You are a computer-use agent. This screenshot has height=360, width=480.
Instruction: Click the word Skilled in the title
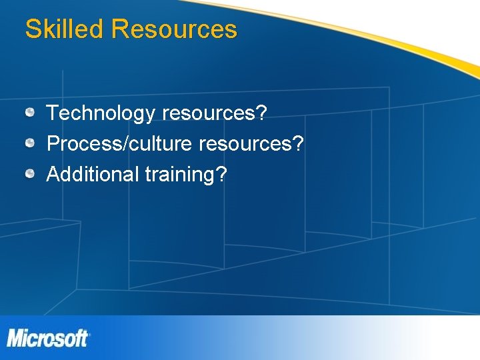[65, 29]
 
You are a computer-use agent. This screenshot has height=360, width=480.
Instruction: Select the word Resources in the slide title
[175, 29]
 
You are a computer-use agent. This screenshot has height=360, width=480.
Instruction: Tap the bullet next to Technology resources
[31, 113]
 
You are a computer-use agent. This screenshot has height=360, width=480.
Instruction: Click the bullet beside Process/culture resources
[31, 143]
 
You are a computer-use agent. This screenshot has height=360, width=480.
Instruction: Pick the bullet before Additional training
[31, 174]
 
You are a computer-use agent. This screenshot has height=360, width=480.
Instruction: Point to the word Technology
[100, 113]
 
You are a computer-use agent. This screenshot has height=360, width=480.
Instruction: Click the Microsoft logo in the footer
[48, 338]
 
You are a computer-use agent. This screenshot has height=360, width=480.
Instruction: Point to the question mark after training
[221, 174]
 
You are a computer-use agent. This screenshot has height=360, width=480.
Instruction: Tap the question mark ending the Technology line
[261, 113]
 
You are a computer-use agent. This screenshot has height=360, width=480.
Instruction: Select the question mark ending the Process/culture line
[298, 143]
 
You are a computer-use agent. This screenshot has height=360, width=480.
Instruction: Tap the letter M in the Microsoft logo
[16, 338]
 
